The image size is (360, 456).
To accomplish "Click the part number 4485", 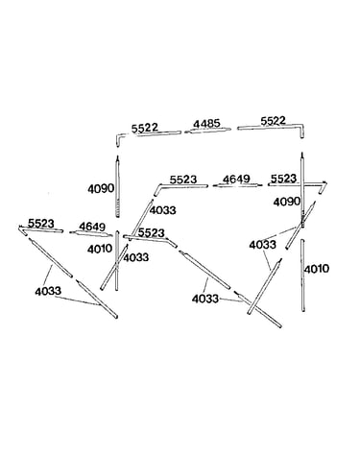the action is [x=206, y=124].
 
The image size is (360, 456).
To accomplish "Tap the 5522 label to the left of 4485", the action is [x=145, y=128].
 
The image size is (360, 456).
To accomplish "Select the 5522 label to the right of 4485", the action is [x=273, y=121].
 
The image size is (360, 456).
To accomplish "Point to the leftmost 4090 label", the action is [x=101, y=188].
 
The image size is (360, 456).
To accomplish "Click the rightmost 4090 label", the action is [x=287, y=202].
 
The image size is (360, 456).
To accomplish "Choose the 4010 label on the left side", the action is [x=100, y=249].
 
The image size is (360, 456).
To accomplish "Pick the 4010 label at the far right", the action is [x=317, y=269].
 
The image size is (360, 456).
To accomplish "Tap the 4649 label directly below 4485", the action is [x=236, y=180].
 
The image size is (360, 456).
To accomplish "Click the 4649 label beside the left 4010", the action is [x=92, y=227].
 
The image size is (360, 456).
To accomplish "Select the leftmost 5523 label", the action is [x=41, y=223].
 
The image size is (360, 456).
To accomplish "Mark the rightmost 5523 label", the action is [x=283, y=179].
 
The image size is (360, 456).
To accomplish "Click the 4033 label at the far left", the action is [x=48, y=291].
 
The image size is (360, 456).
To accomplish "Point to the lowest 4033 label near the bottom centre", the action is [x=205, y=299].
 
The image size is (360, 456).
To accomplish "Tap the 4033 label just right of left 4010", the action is [x=136, y=257].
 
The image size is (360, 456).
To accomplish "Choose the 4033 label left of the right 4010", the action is [x=262, y=245].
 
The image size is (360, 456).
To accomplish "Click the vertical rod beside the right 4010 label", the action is [x=302, y=276].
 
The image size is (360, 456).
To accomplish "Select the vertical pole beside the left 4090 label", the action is [x=117, y=186].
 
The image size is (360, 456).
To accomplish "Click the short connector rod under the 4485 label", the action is [x=207, y=131].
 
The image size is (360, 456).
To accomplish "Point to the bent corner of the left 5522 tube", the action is [x=118, y=137].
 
